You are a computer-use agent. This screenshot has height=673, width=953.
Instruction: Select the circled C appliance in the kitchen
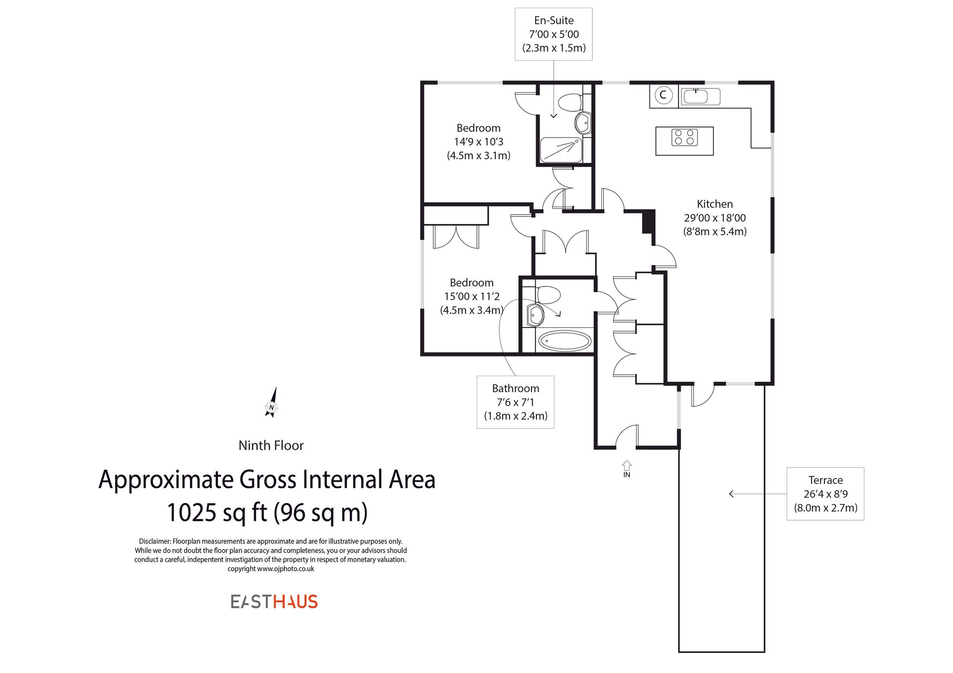[663, 95]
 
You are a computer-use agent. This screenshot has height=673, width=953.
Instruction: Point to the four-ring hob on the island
[684, 138]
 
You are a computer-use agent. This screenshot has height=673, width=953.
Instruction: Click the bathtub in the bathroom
[565, 341]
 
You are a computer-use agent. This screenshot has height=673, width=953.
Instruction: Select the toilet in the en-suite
[570, 102]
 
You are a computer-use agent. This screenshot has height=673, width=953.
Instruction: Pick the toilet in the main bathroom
[548, 295]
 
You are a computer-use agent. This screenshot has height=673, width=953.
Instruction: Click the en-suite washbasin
[583, 124]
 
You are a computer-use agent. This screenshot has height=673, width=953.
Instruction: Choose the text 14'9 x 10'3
[478, 142]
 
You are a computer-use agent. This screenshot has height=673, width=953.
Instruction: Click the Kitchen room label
[715, 204]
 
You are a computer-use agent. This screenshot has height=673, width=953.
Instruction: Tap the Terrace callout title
[825, 480]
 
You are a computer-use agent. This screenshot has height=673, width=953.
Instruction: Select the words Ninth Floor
[271, 445]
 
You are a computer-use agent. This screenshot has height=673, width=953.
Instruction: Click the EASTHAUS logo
[274, 602]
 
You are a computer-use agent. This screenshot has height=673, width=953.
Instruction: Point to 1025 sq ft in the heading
[217, 513]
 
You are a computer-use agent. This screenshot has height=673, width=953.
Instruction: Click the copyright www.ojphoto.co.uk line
[271, 569]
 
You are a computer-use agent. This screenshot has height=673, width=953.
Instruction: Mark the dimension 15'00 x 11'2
[472, 297]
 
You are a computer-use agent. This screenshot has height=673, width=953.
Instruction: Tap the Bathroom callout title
[516, 388]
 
